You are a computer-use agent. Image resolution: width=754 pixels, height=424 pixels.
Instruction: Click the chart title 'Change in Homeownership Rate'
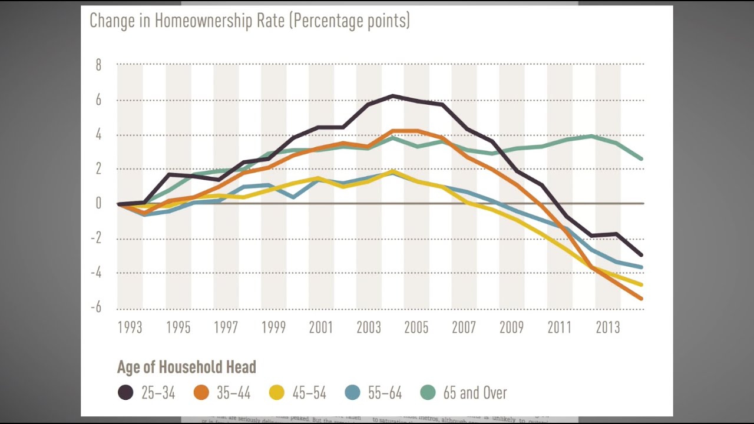[249, 21]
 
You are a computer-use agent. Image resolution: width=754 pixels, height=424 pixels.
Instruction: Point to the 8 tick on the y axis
[98, 65]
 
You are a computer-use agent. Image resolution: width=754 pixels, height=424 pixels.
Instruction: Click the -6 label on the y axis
[95, 307]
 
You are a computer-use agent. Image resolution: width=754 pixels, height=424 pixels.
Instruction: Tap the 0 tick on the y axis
[98, 204]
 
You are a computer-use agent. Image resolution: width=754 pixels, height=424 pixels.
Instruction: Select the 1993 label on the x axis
[130, 328]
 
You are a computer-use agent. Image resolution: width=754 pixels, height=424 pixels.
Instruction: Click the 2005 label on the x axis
[416, 328]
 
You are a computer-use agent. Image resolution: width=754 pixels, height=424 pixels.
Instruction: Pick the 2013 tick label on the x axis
[607, 328]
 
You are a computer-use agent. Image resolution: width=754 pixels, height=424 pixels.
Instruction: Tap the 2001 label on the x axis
[320, 328]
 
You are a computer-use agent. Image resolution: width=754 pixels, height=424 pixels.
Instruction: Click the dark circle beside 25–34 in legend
[125, 393]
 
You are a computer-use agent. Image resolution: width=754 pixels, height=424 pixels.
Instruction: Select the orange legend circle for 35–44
[201, 393]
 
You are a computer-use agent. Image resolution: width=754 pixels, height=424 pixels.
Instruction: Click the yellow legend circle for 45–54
[277, 393]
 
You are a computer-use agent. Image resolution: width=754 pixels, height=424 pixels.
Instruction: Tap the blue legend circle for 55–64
[352, 393]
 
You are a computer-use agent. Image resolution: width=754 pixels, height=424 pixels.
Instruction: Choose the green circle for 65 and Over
[428, 393]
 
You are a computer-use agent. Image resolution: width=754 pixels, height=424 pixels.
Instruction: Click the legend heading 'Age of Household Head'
[186, 367]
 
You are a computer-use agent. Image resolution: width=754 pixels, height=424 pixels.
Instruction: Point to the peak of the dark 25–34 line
[393, 95]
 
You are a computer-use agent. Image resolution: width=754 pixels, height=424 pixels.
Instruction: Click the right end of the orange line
[641, 299]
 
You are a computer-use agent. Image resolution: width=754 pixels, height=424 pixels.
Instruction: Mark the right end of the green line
[641, 159]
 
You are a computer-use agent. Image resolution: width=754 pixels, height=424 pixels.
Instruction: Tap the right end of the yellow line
[641, 284]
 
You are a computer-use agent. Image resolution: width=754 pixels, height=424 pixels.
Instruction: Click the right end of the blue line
[641, 267]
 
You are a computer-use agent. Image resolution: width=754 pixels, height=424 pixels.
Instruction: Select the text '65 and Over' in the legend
[475, 393]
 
